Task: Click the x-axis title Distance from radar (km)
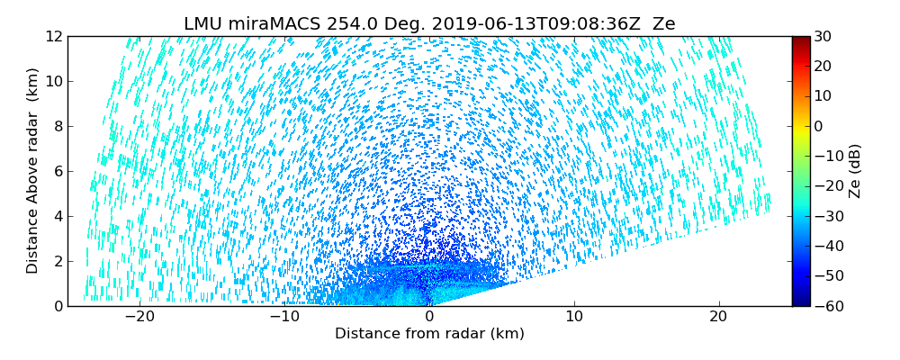coord(429,334)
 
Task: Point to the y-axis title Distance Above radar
coord(32,171)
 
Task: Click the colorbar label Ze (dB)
coord(854,171)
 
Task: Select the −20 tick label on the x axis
coord(139,317)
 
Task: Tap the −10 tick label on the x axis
coord(284,317)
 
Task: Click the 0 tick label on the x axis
coord(429,317)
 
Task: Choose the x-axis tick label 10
coord(574,317)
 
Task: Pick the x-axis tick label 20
coord(718,317)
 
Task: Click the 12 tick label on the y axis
coord(52,36)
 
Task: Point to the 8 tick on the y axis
coord(56,126)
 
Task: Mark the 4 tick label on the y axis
coord(56,216)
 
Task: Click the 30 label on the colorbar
coord(823,36)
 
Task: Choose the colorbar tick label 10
coord(823,96)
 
